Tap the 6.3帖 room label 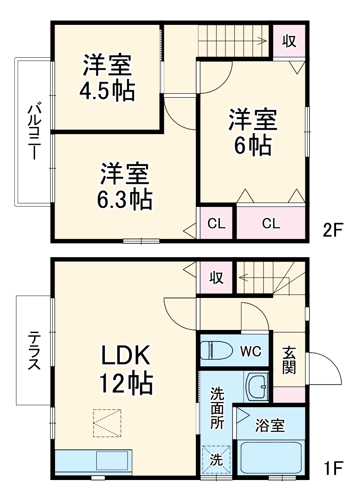(x=125, y=187)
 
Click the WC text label (x=251, y=351)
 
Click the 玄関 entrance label (x=289, y=360)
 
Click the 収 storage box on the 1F (x=216, y=278)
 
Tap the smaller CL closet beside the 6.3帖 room (x=217, y=223)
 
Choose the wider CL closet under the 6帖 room (x=271, y=223)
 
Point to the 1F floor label (x=332, y=468)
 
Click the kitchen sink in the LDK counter (x=114, y=462)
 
